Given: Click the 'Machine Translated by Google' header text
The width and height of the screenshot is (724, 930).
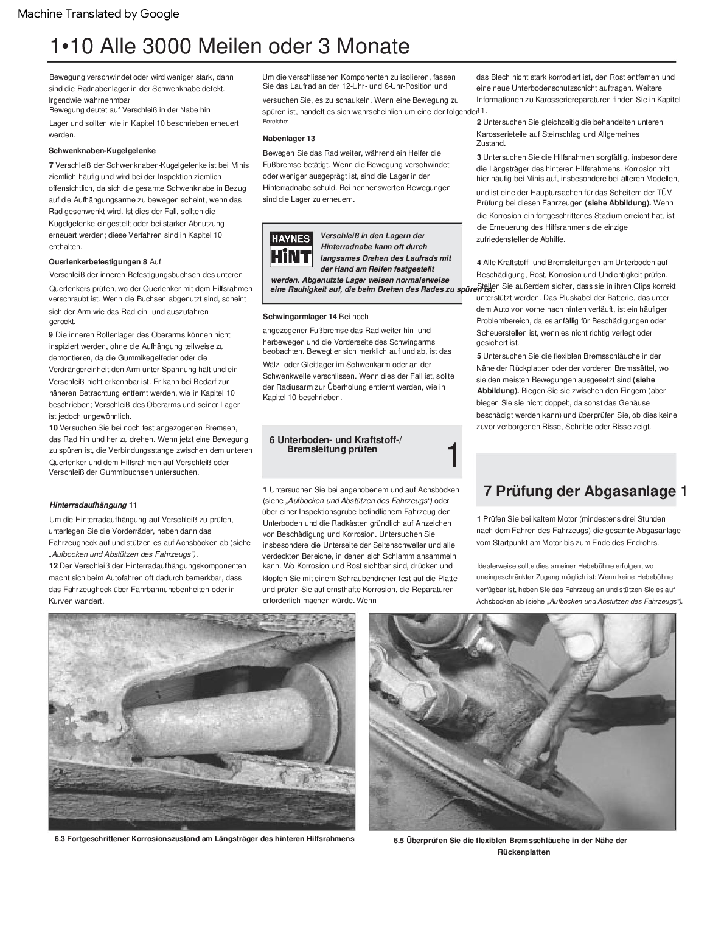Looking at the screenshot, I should [x=99, y=13].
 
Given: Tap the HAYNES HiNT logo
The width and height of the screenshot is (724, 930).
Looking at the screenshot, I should [x=290, y=248].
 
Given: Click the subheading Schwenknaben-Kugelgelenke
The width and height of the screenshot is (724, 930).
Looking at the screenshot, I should [x=102, y=150].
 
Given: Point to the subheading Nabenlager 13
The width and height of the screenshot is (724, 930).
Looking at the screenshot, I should [x=289, y=139].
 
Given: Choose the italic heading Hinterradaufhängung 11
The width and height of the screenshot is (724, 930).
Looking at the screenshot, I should [x=93, y=505].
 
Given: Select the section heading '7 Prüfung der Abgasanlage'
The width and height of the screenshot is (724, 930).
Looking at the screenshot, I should [x=579, y=491].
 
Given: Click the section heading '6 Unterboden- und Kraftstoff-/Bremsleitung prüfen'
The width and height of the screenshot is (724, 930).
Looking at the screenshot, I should [x=336, y=445].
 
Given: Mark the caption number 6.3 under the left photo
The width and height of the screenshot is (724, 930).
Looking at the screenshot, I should [x=60, y=839].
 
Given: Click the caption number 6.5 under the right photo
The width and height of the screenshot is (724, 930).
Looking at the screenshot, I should [x=399, y=841].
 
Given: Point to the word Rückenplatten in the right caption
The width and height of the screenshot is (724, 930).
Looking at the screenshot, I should [x=524, y=852].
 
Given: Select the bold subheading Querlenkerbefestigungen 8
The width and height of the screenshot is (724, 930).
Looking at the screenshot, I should [x=97, y=261].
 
